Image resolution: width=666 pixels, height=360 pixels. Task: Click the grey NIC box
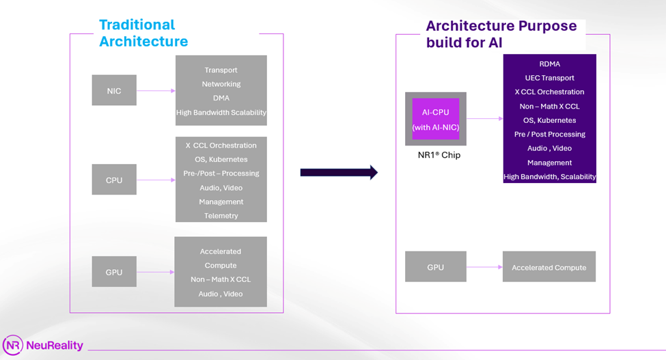pos(114,91)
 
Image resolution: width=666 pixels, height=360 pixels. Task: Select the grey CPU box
pos(114,180)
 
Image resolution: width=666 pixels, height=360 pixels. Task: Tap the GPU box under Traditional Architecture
pos(114,272)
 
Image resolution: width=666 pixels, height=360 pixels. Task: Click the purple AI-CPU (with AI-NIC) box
pos(436,119)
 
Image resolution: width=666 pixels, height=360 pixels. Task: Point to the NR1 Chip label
pos(439,155)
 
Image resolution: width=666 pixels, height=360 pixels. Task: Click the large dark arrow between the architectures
pos(339,172)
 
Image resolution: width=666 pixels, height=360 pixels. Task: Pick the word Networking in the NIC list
pos(221,84)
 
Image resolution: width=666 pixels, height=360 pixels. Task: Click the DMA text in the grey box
pos(221,98)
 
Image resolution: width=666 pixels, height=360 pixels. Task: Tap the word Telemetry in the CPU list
pos(221,216)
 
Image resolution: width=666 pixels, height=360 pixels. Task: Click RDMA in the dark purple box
pos(549,64)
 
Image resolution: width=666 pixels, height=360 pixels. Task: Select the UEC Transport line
pos(549,78)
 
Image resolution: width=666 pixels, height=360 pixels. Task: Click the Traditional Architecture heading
pos(143,33)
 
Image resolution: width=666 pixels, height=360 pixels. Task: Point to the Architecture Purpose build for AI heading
pos(501,34)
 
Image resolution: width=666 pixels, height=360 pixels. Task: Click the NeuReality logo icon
pos(12,346)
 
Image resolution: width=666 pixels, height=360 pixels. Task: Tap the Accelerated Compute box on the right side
pos(549,267)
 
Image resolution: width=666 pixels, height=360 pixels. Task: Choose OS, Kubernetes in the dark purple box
pos(549,120)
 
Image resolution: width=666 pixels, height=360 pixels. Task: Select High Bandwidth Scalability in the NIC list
pos(221,113)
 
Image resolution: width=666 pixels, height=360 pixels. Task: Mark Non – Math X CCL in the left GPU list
pos(221,279)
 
